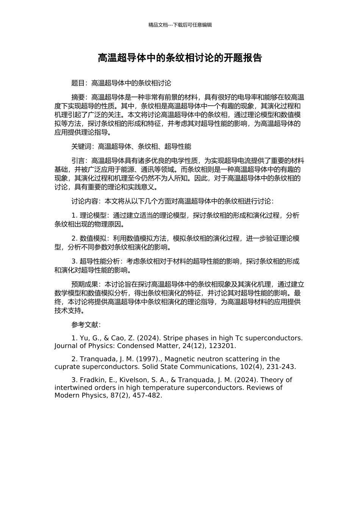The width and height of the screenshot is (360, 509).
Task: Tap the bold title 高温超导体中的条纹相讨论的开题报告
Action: (x=180, y=58)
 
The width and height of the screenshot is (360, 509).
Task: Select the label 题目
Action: (x=78, y=83)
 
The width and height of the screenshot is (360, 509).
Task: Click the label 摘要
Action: (x=78, y=97)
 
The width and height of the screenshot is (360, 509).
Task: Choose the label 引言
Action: (x=78, y=161)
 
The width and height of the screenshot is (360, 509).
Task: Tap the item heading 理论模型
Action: (x=93, y=215)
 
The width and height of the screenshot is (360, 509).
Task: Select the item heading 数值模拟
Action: (x=93, y=239)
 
